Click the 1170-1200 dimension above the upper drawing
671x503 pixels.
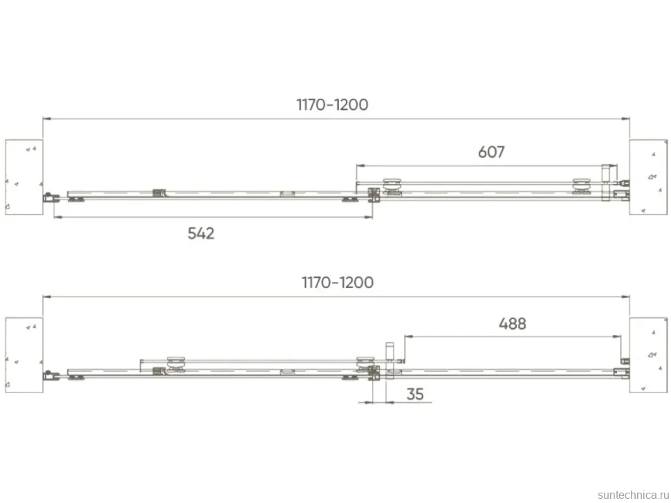(332, 105)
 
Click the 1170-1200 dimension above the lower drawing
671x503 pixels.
(337, 283)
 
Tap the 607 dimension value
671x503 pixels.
(491, 152)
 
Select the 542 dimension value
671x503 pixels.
(201, 234)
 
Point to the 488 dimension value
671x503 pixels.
(512, 323)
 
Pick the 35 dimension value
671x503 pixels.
(415, 394)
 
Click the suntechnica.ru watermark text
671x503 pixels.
(634, 495)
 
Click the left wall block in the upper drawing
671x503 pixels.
(24, 177)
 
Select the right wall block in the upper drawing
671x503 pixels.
(648, 177)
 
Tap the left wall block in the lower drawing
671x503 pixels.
(24, 354)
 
